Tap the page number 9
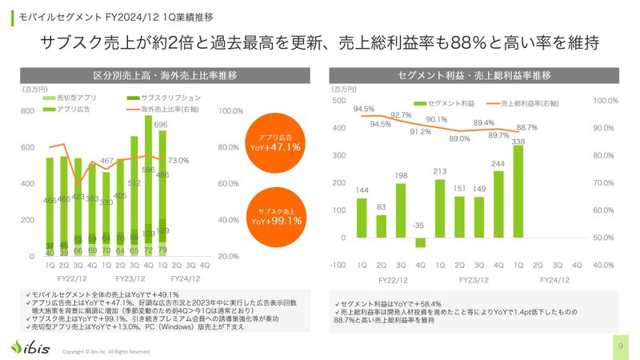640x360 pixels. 621,346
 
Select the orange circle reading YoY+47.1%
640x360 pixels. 274,142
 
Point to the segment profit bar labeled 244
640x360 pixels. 498,205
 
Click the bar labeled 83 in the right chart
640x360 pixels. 382,226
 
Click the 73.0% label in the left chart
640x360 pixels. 178,161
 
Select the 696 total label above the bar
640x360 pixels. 161,125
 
